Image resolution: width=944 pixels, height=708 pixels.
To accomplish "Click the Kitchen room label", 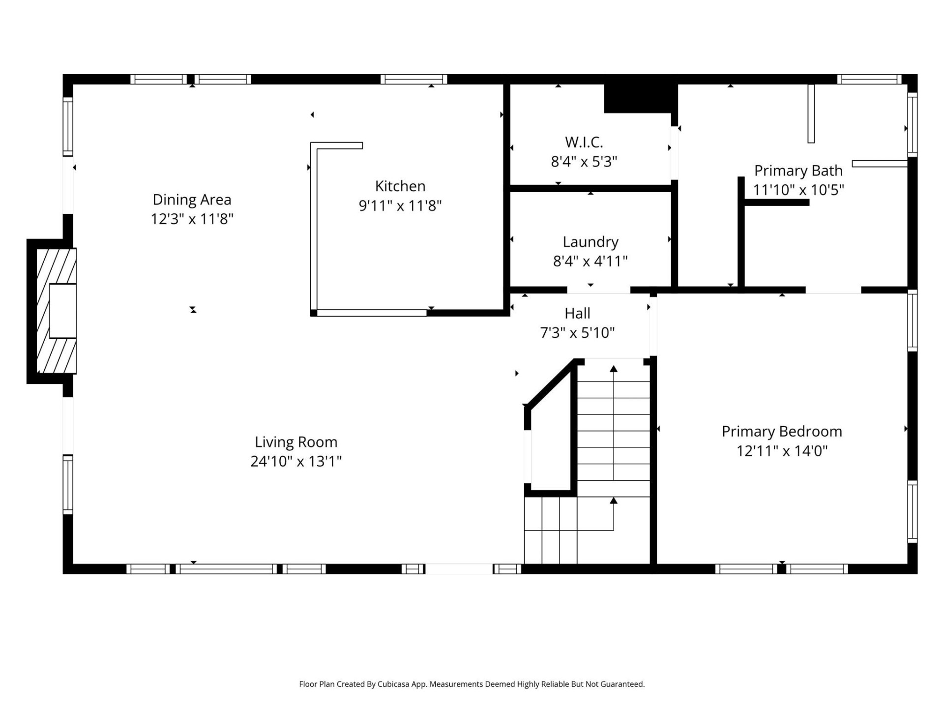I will pyautogui.click(x=400, y=186).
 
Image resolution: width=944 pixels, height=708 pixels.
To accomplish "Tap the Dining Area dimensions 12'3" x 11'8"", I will pyautogui.click(x=192, y=219).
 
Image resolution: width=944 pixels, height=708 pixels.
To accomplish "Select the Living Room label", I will pyautogui.click(x=296, y=442).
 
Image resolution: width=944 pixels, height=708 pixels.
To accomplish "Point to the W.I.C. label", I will pyautogui.click(x=584, y=142).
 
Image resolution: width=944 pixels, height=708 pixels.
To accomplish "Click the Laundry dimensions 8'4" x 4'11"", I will pyautogui.click(x=590, y=261).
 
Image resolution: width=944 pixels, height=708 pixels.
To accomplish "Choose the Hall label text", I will pyautogui.click(x=577, y=313).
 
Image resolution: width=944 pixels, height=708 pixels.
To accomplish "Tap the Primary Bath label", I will pyautogui.click(x=798, y=171).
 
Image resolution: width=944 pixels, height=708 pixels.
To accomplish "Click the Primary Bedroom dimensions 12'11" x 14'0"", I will pyautogui.click(x=782, y=451).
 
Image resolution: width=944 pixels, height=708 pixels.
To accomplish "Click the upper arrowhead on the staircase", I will pyautogui.click(x=614, y=369).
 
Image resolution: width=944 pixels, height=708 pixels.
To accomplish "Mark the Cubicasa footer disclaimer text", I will pyautogui.click(x=472, y=684).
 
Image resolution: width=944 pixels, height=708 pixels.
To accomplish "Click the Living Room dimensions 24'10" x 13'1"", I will pyautogui.click(x=296, y=461).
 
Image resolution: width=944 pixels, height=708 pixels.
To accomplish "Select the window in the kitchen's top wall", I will pyautogui.click(x=413, y=79).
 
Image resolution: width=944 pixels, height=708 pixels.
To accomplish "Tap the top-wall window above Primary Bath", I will pyautogui.click(x=869, y=79).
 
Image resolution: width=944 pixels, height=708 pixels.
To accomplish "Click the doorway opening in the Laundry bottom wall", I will pyautogui.click(x=598, y=290).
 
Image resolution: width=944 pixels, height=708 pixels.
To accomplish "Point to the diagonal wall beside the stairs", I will pyautogui.click(x=550, y=383).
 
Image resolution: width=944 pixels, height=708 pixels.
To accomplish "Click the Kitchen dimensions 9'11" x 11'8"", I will pyautogui.click(x=400, y=206).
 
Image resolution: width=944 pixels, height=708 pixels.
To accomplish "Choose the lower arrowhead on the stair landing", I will pyautogui.click(x=614, y=501).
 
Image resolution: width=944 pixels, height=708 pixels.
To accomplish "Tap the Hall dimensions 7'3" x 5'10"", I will pyautogui.click(x=577, y=333).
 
